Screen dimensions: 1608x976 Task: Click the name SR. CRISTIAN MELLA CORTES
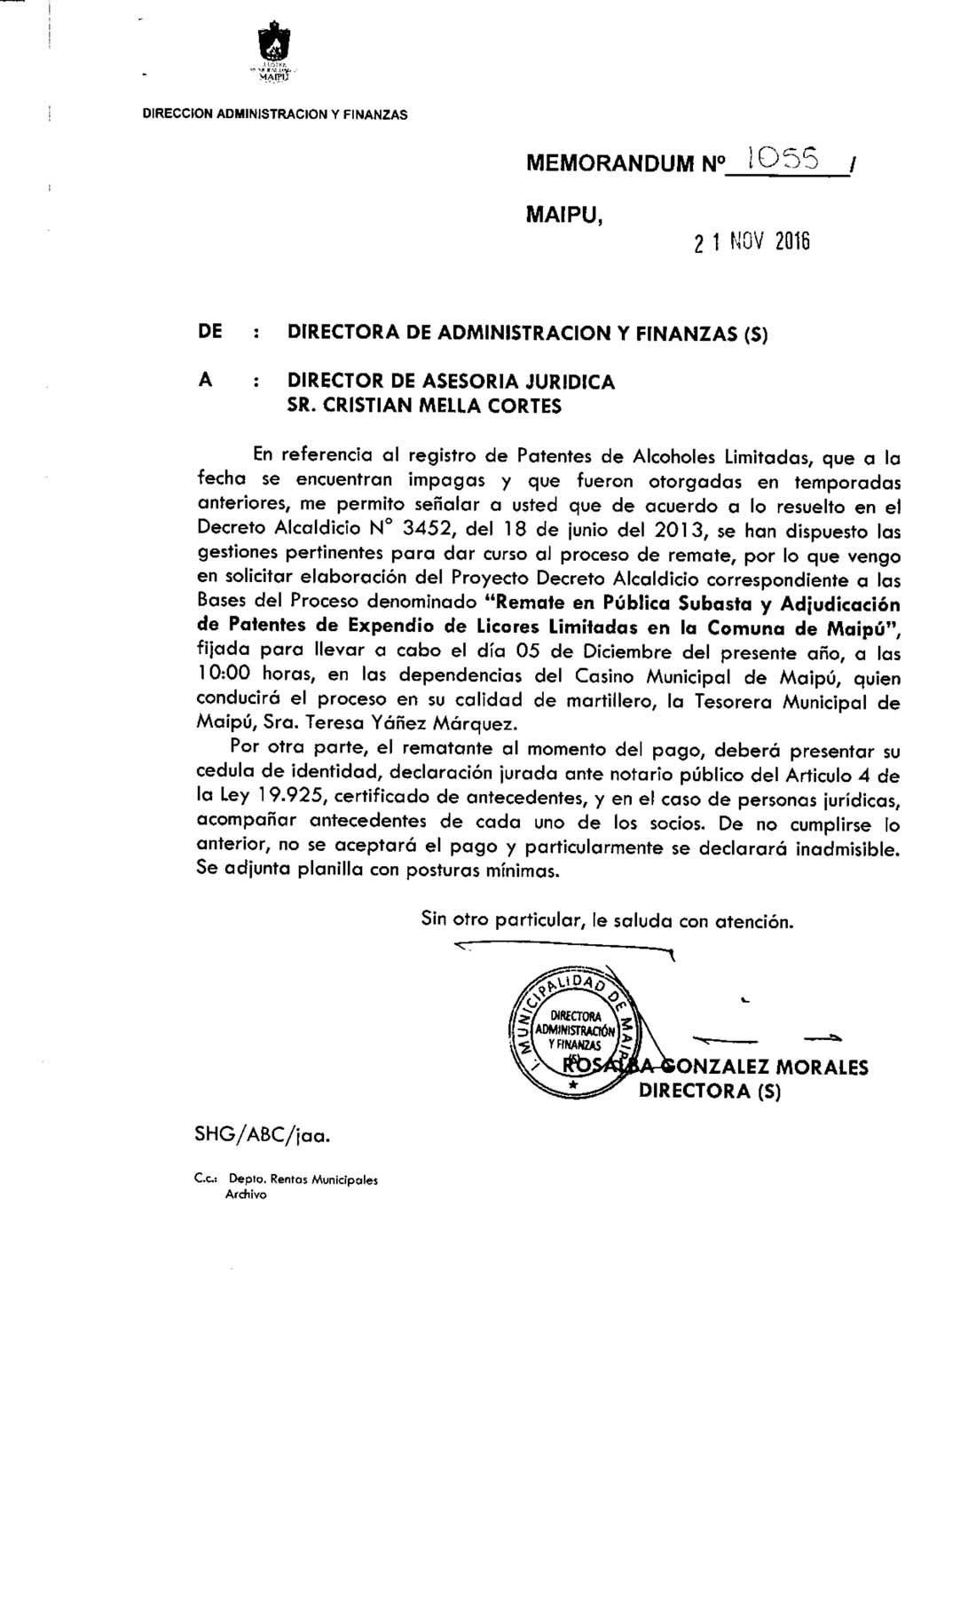(424, 406)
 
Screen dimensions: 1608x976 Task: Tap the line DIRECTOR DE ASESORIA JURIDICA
(451, 382)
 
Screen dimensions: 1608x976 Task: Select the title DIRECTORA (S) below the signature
(710, 1091)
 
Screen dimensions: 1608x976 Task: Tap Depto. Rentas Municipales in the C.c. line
(303, 1180)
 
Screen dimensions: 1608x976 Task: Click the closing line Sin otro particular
(607, 920)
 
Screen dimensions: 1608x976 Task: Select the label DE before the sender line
(209, 333)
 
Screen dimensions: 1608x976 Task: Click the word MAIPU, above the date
(564, 214)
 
